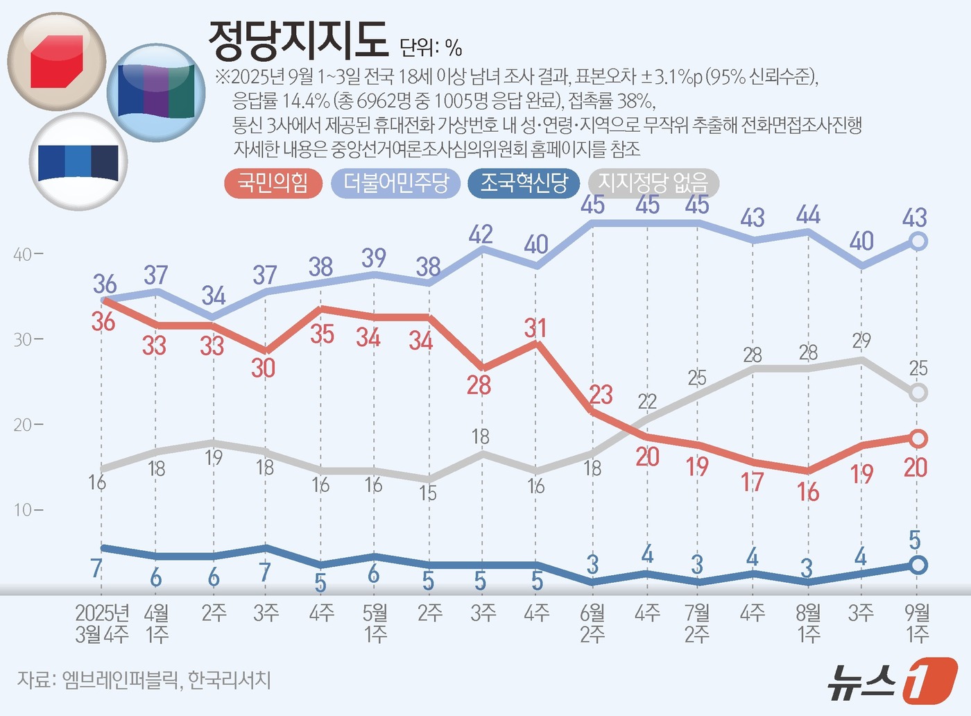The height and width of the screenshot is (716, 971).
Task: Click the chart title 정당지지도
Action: pyautogui.click(x=298, y=41)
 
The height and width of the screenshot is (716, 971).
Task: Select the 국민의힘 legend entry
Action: pyautogui.click(x=273, y=183)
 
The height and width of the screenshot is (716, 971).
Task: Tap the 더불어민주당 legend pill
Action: pyautogui.click(x=396, y=183)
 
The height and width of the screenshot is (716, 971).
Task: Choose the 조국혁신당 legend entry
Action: pyautogui.click(x=524, y=183)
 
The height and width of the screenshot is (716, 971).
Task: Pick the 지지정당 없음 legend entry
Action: pyautogui.click(x=653, y=183)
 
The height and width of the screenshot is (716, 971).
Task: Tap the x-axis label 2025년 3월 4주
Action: pyautogui.click(x=102, y=623)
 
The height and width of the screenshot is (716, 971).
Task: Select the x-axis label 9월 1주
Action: pyautogui.click(x=917, y=623)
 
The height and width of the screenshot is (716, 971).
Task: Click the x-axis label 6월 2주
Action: pyautogui.click(x=592, y=623)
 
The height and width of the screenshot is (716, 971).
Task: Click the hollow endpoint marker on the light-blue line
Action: pyautogui.click(x=918, y=241)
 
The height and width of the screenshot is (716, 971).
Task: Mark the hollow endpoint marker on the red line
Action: pyautogui.click(x=918, y=438)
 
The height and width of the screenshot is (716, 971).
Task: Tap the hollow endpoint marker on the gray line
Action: pyautogui.click(x=918, y=393)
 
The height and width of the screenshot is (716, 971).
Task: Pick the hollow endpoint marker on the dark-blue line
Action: pyautogui.click(x=918, y=565)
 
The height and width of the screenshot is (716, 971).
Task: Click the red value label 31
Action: pyautogui.click(x=535, y=327)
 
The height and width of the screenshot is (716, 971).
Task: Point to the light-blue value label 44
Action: pyautogui.click(x=808, y=215)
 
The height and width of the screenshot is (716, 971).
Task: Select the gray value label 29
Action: pyautogui.click(x=861, y=341)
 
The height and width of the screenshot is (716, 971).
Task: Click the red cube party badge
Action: pyautogui.click(x=57, y=61)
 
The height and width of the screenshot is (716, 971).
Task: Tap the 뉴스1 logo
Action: pyautogui.click(x=892, y=681)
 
